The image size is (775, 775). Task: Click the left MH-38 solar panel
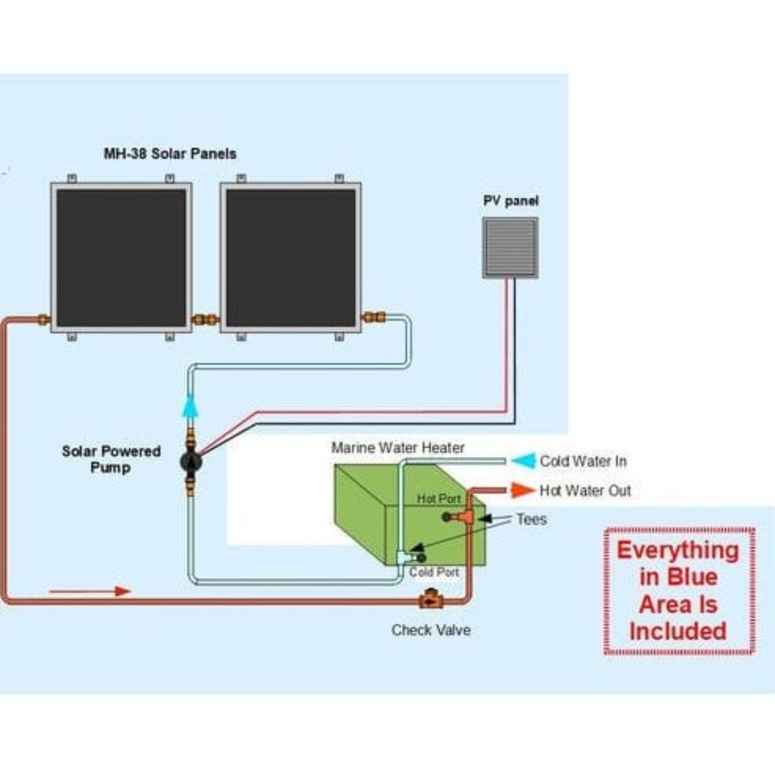click(x=121, y=258)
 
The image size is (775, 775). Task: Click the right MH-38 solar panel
click(x=291, y=258)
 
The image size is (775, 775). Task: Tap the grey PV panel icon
click(x=510, y=247)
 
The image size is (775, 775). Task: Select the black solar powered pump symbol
click(x=191, y=461)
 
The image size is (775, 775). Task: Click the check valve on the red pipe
click(x=430, y=600)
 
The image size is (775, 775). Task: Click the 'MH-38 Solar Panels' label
click(x=170, y=153)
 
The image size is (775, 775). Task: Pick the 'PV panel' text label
click(x=510, y=201)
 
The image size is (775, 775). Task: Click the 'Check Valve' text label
click(x=431, y=630)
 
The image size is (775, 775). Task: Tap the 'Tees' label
click(x=531, y=519)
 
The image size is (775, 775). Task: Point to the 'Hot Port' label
click(x=438, y=499)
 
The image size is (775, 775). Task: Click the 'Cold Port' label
click(x=434, y=572)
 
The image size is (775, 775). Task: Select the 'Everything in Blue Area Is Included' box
click(x=679, y=591)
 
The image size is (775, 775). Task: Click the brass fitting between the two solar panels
click(x=205, y=319)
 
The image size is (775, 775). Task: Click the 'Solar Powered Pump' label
click(x=111, y=459)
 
